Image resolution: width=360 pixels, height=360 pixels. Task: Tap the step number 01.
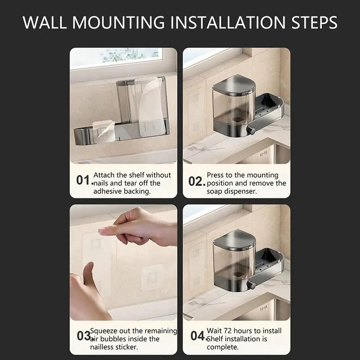click(x=84, y=180)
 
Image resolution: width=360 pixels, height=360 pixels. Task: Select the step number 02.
click(x=196, y=181)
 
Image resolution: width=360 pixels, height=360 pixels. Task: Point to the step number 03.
click(x=83, y=336)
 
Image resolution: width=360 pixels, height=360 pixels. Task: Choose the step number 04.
click(x=197, y=336)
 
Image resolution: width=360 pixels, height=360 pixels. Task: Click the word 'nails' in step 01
click(x=103, y=183)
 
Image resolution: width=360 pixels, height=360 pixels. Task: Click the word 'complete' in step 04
click(x=224, y=347)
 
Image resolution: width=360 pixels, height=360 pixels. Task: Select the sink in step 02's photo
click(x=265, y=153)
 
